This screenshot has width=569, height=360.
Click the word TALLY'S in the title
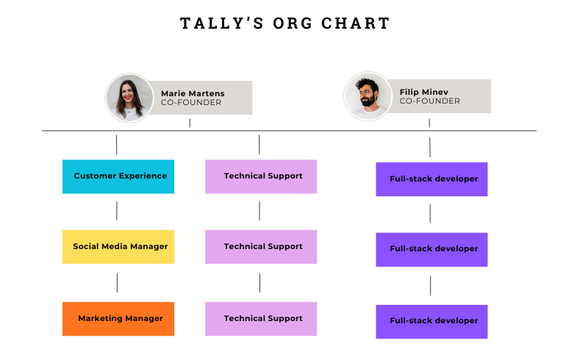click(218, 24)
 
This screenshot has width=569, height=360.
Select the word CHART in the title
click(355, 24)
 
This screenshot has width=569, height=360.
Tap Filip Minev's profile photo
click(368, 96)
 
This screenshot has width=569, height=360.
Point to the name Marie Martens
click(193, 93)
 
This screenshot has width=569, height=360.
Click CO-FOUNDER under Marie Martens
click(191, 103)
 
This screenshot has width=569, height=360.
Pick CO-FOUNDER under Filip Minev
click(429, 101)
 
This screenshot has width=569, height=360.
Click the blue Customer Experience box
click(118, 176)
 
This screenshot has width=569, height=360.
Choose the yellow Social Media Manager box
click(118, 247)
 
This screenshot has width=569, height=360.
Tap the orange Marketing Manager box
click(118, 319)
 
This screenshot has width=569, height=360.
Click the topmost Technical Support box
click(261, 176)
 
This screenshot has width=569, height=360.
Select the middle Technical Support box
click(261, 247)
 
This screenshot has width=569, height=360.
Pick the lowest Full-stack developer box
click(432, 321)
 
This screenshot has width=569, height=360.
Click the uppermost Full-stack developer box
click(432, 179)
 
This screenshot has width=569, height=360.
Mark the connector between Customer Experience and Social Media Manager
click(117, 211)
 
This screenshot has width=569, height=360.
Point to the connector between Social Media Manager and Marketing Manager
click(117, 282)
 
